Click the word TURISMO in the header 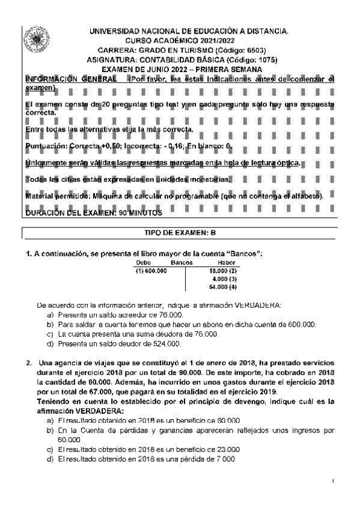tap(182, 50)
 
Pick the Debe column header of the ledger tap(144, 263)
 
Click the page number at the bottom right tap(332, 481)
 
